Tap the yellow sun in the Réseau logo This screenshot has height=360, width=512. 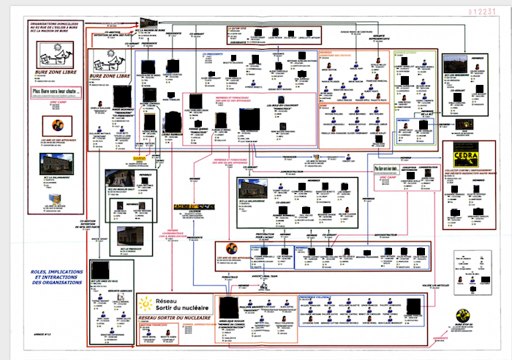(x=148, y=303)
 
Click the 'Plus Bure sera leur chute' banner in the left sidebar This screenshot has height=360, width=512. (x=56, y=91)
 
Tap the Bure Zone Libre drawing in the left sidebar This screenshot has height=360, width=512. (x=56, y=53)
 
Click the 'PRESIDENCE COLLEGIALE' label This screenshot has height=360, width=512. (x=317, y=297)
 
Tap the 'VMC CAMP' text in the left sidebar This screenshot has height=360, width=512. (x=55, y=103)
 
